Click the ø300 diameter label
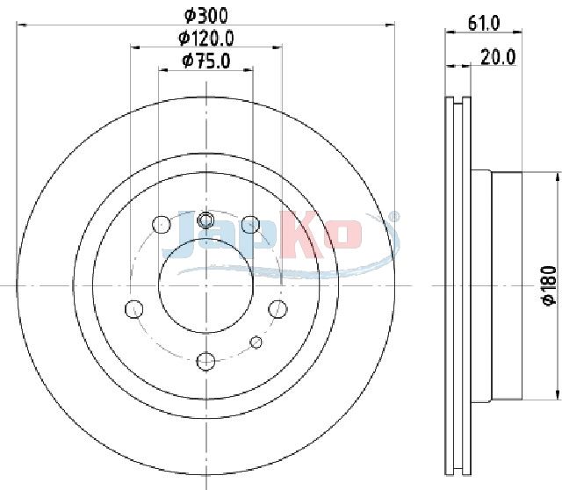(x=206, y=16)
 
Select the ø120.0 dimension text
(x=206, y=38)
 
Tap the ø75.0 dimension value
(x=206, y=61)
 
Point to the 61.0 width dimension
(x=484, y=24)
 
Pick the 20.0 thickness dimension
(x=498, y=56)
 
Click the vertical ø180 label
(x=549, y=285)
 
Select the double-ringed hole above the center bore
(x=205, y=220)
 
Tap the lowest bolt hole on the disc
(x=205, y=361)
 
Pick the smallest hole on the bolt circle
(x=256, y=342)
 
